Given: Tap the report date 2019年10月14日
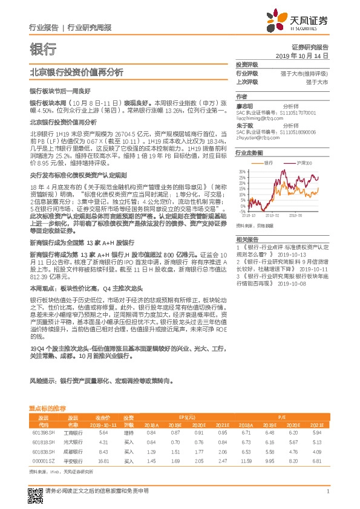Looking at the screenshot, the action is coord(306,55).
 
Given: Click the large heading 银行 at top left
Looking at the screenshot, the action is coord(42,48).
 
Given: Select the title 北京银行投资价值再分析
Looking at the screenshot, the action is coord(76,73).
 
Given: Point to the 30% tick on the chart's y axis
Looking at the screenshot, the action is coord(242,171).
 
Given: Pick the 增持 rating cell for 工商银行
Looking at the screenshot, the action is coord(128,432).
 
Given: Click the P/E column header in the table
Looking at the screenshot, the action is coord(281,417).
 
